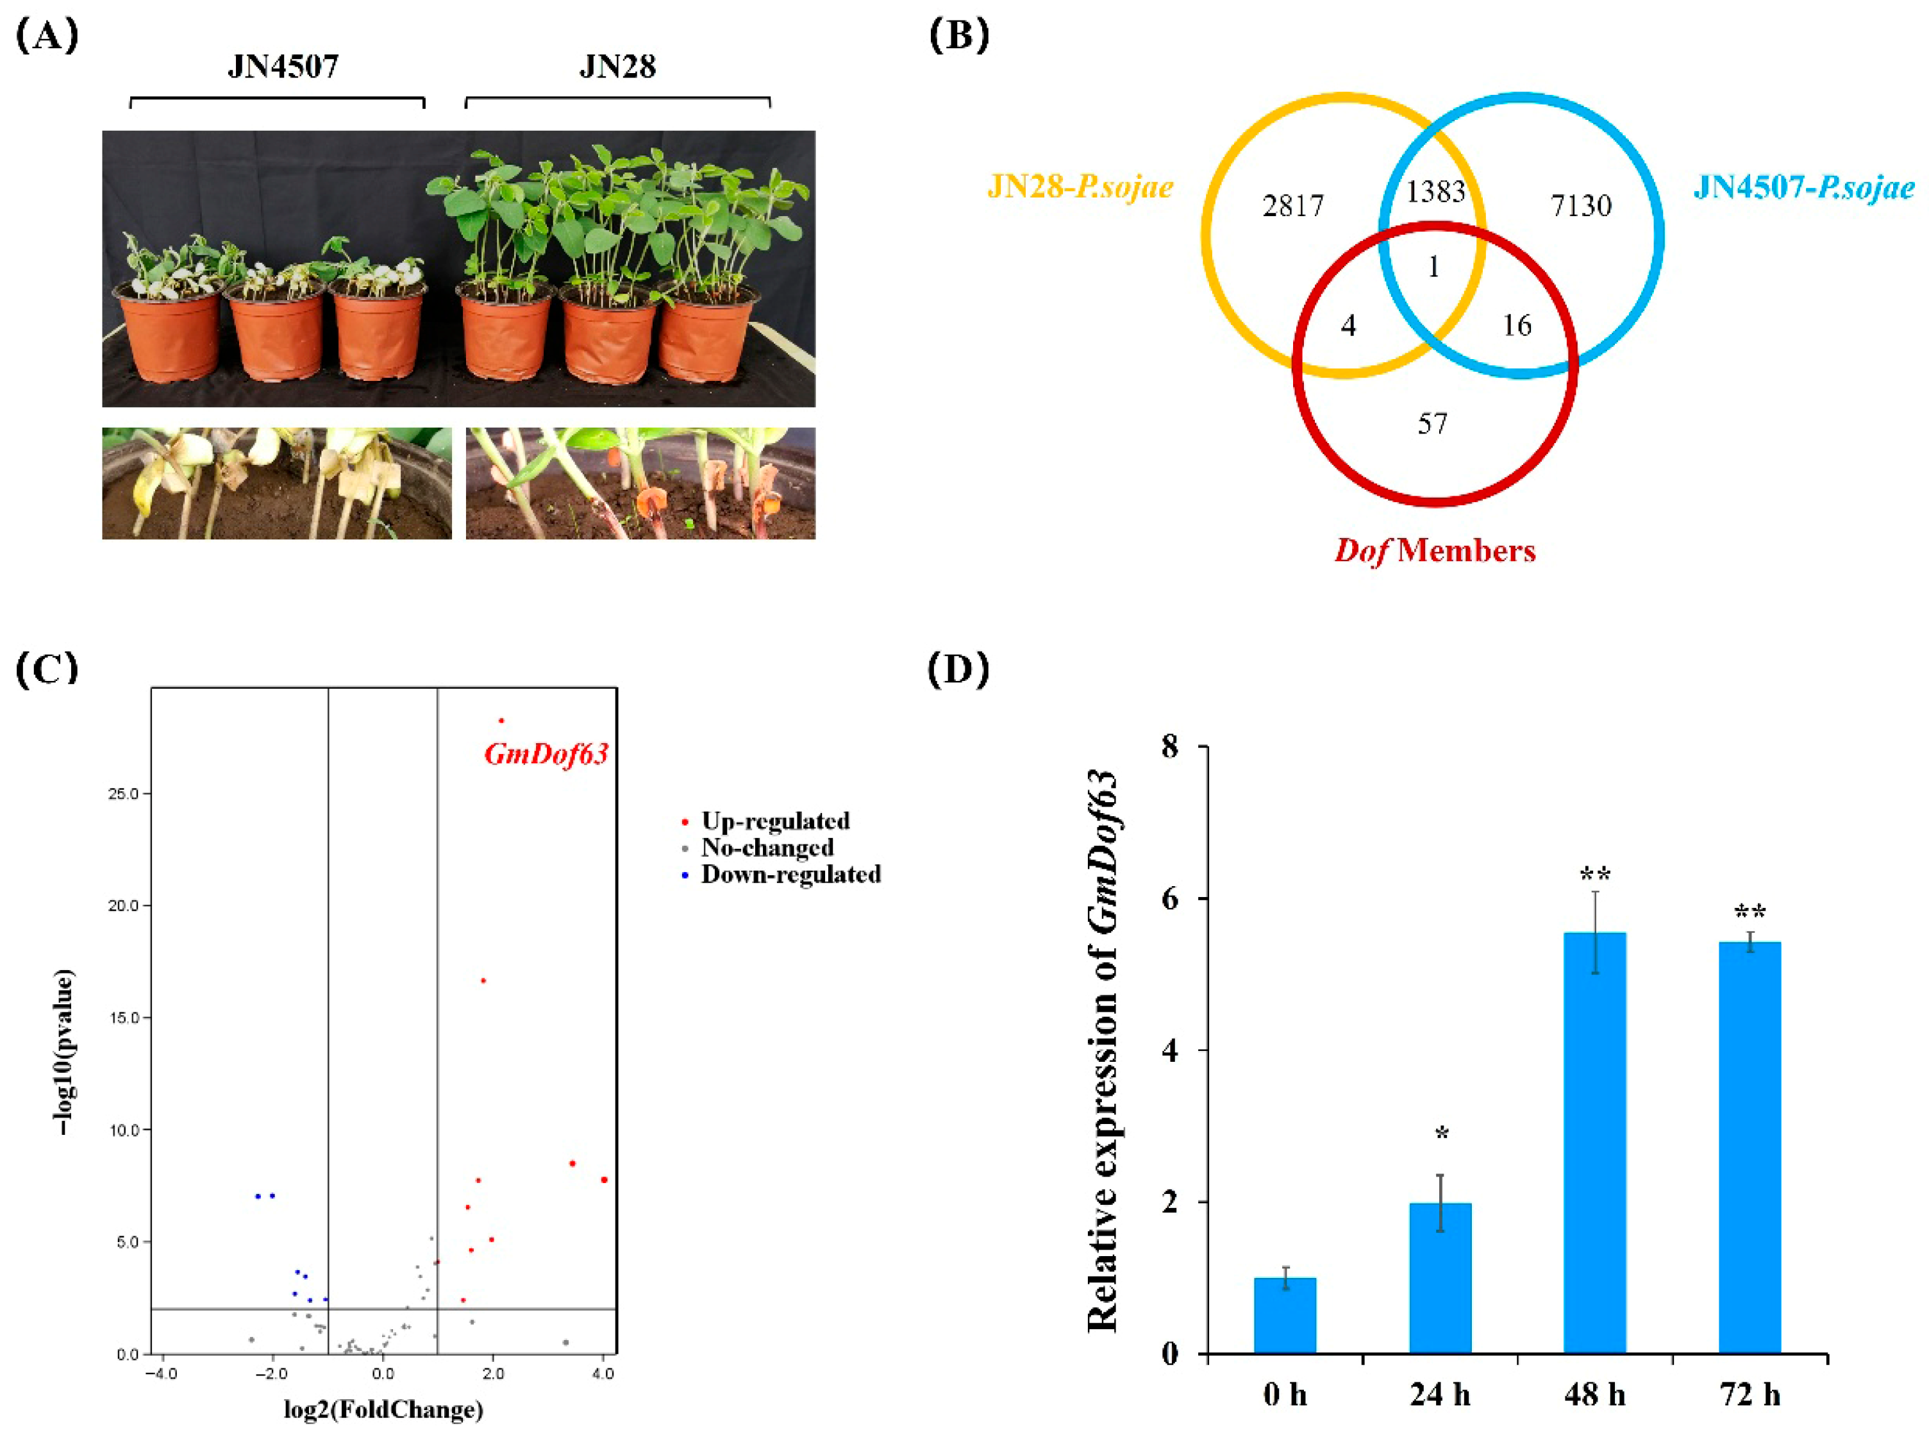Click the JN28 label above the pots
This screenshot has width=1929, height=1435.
click(617, 67)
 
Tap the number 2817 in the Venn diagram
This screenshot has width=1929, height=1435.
click(1292, 206)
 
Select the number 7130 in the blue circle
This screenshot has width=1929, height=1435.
click(1581, 206)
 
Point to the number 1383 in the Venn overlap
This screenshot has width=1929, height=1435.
click(1435, 191)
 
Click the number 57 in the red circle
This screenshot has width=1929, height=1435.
click(1432, 424)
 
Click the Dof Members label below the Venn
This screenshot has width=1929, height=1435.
click(1435, 551)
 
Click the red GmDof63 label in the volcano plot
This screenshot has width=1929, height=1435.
click(546, 753)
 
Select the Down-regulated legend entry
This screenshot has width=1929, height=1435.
click(790, 874)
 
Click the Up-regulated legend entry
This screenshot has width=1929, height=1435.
click(774, 821)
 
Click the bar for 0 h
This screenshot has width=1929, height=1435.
click(1285, 1315)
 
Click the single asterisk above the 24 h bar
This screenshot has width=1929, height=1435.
click(1441, 1134)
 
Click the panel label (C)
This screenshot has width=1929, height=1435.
click(48, 669)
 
